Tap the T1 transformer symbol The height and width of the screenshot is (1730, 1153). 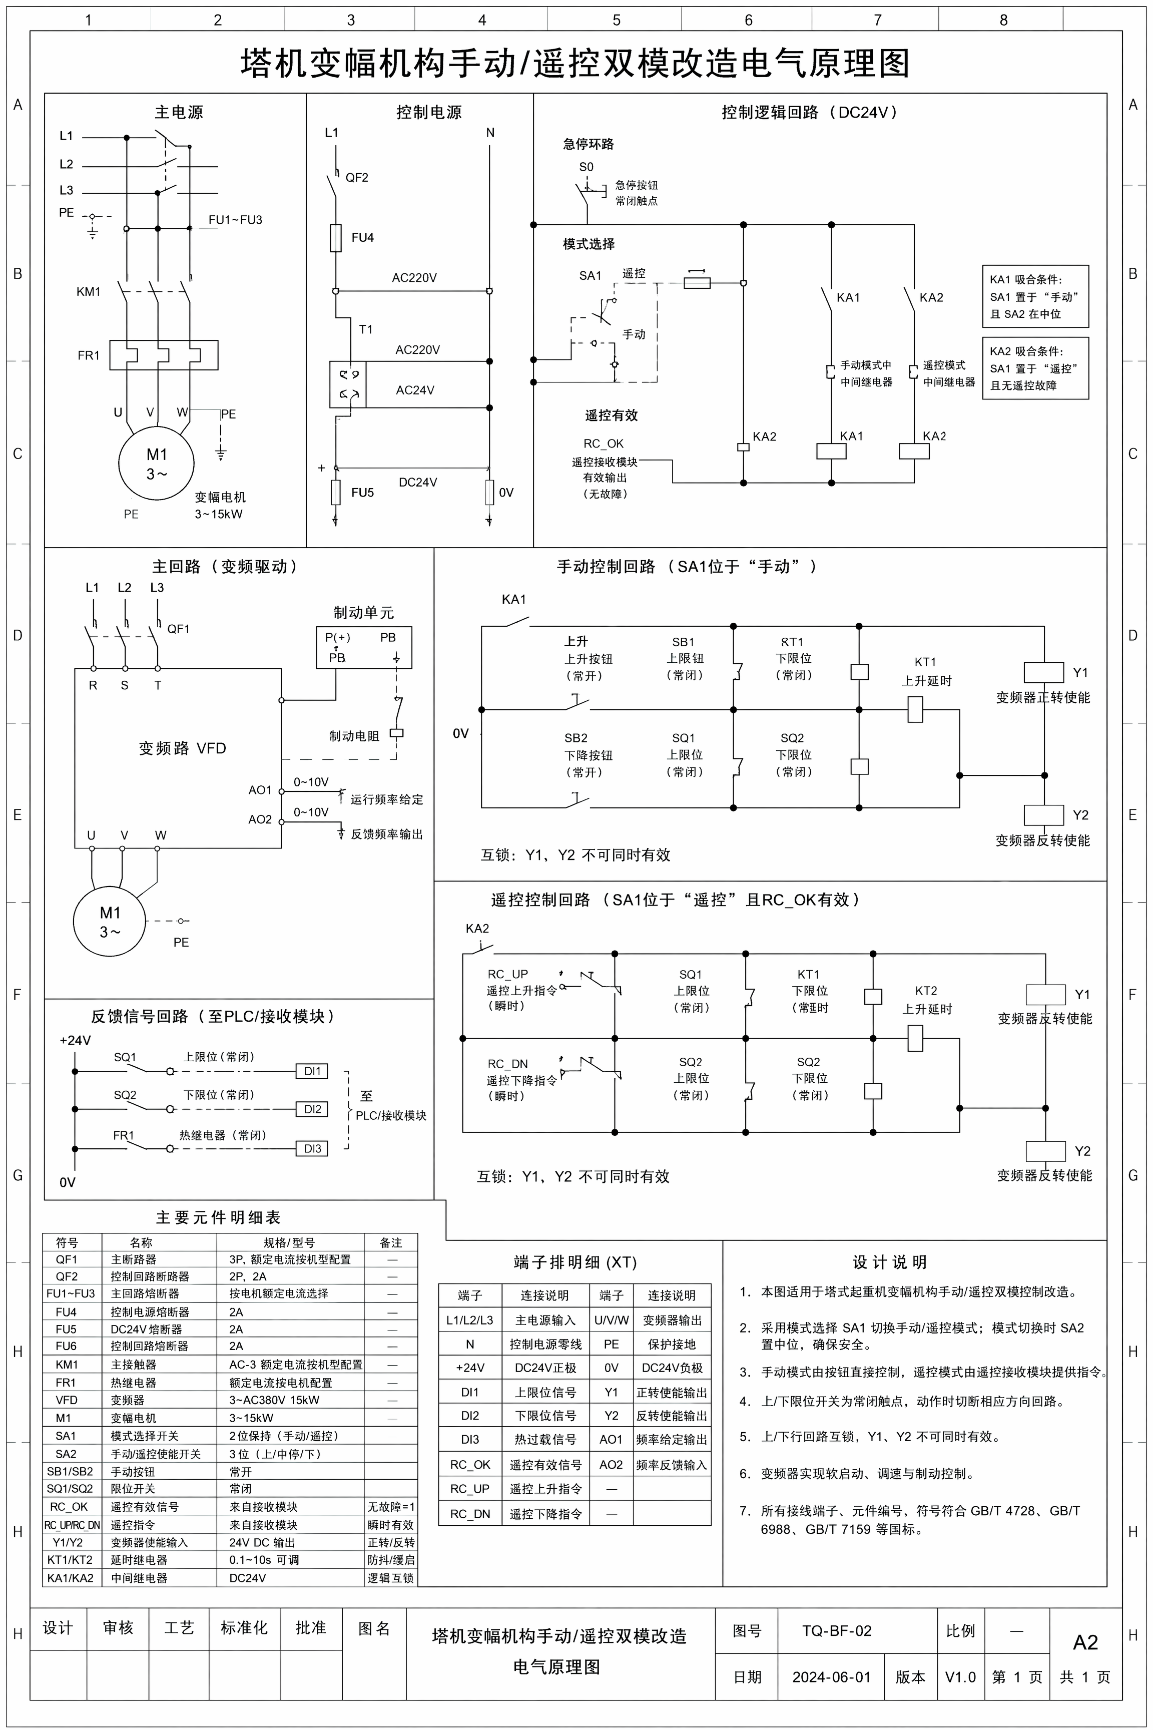point(348,384)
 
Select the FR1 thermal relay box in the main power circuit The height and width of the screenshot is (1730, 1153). point(164,354)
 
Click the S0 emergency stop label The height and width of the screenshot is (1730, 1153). point(586,167)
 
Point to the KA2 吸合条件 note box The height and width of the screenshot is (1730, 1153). point(1035,368)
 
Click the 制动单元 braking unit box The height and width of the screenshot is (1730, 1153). point(364,647)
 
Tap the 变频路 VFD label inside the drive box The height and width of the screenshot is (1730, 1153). point(182,748)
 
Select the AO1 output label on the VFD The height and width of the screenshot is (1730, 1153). point(260,790)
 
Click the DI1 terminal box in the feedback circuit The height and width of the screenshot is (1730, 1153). point(312,1071)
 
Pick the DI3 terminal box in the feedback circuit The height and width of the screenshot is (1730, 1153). point(312,1148)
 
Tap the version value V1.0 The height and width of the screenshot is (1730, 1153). point(960,1677)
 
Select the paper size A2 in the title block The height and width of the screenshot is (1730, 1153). point(1085,1642)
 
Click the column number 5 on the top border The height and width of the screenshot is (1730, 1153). point(616,20)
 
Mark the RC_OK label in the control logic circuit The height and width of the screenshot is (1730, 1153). point(603,444)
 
